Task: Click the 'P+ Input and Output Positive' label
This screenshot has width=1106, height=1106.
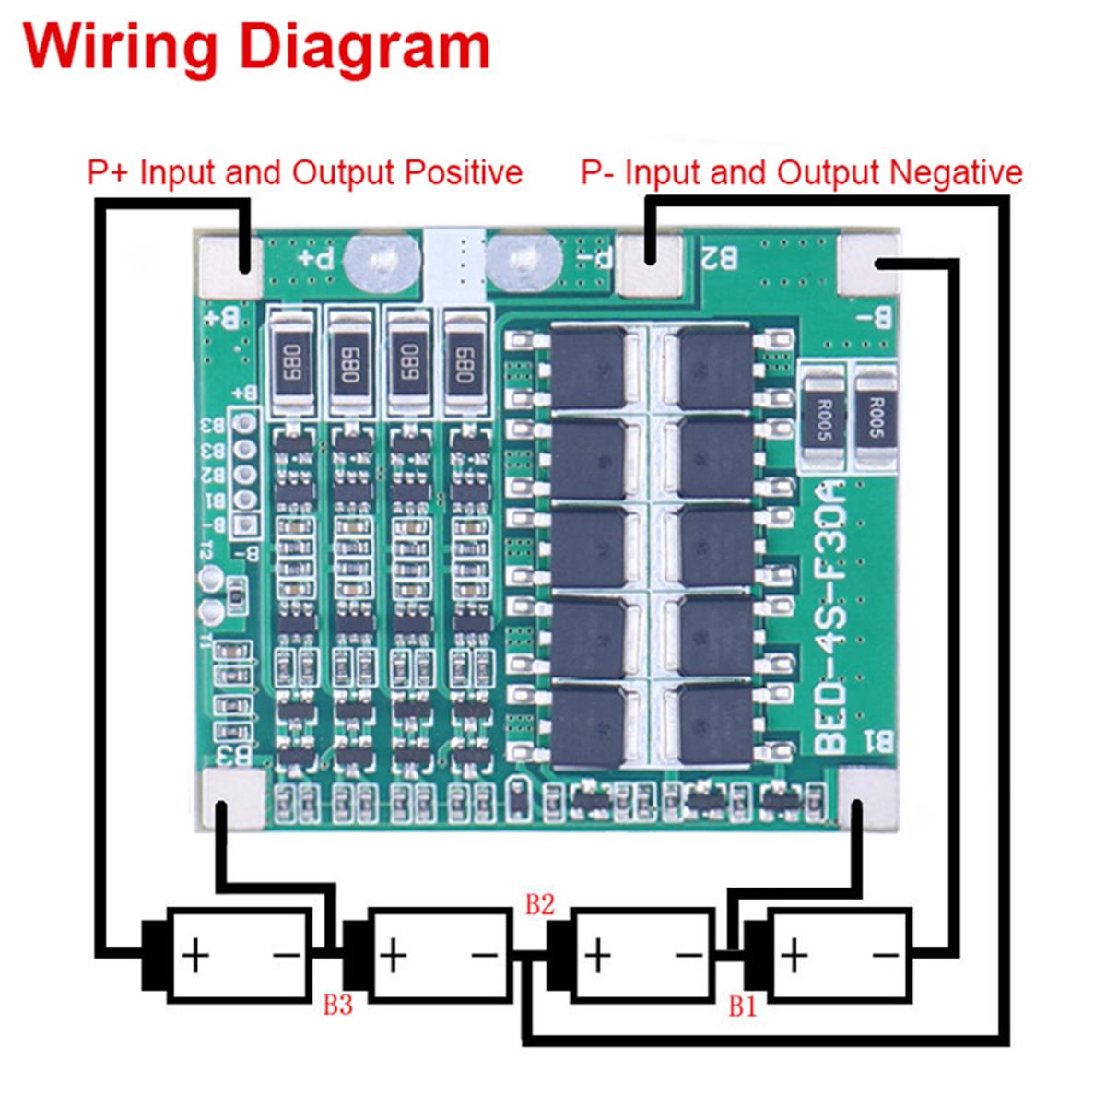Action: coord(304,172)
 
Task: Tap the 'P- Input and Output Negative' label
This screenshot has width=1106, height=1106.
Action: coord(801,172)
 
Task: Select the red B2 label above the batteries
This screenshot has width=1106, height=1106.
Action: coord(539,904)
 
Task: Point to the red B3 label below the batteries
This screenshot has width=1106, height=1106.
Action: coord(337,1005)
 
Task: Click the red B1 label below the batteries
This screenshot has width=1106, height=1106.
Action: coord(743,1006)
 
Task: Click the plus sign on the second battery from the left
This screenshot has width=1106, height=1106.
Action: coord(393,955)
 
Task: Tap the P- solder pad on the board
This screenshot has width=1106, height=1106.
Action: coord(651,264)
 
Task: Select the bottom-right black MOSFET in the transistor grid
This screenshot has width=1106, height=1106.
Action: coord(714,724)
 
